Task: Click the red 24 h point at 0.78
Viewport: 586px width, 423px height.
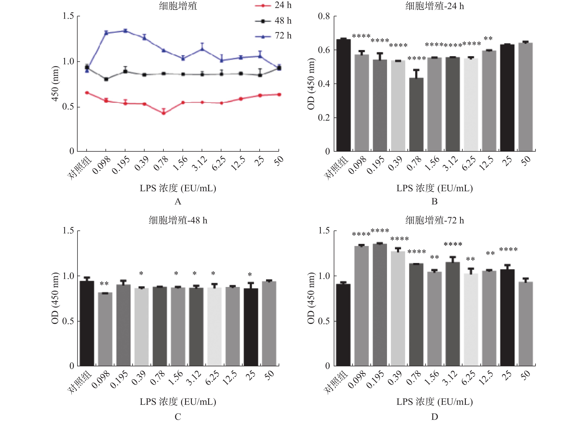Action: pyautogui.click(x=164, y=113)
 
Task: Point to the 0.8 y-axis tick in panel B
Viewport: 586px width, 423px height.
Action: pyautogui.click(x=324, y=16)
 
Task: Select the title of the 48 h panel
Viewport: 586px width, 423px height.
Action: pyautogui.click(x=178, y=220)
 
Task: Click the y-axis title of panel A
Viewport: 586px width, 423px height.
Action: pyautogui.click(x=55, y=84)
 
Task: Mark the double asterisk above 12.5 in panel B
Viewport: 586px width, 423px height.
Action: pyautogui.click(x=488, y=39)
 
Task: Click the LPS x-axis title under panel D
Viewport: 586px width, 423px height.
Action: pyautogui.click(x=434, y=402)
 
